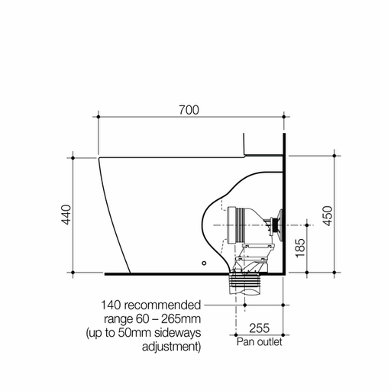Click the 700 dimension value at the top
[x=189, y=109]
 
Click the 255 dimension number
[x=259, y=328]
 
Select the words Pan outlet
[x=258, y=342]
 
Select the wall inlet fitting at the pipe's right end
[x=276, y=225]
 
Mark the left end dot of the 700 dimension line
[x=98, y=118]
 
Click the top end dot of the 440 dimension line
[x=73, y=158]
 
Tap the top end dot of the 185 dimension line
[x=308, y=225]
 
